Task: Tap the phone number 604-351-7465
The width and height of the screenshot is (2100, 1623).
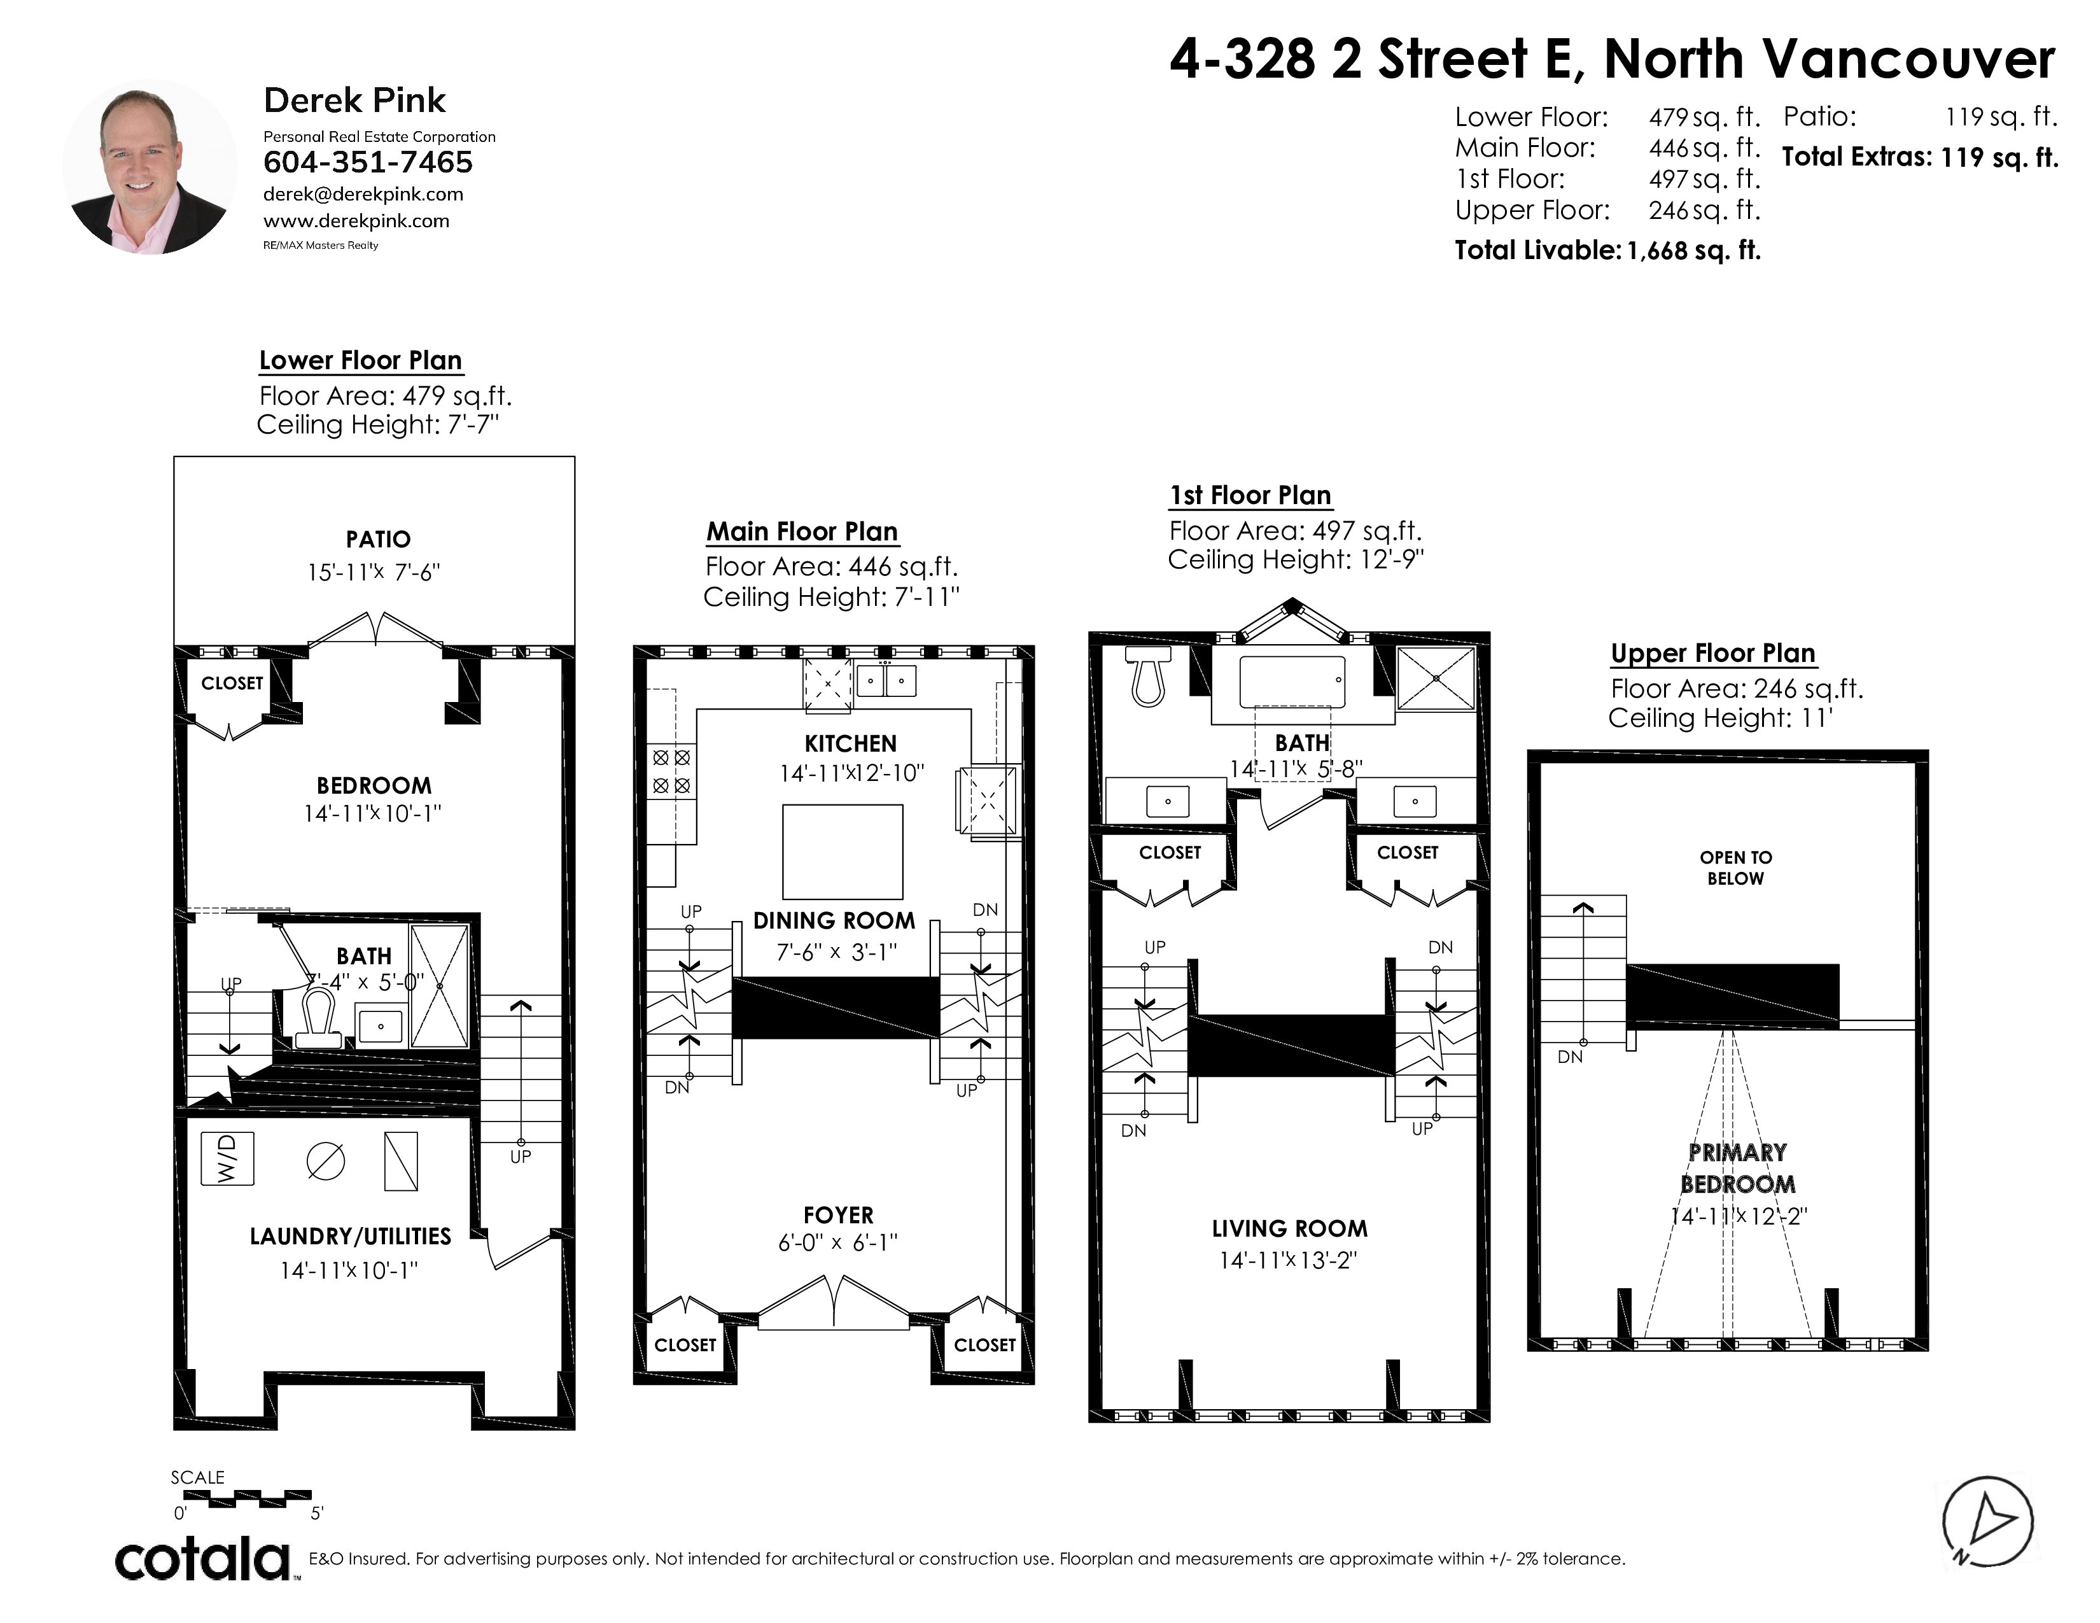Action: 368,162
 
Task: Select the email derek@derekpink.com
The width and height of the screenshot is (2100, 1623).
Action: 363,194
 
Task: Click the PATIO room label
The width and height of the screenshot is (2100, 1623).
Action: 378,539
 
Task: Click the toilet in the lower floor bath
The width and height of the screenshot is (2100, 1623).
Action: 318,1020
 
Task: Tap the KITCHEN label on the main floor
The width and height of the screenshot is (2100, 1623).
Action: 851,743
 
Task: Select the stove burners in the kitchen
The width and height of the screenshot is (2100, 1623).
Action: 672,771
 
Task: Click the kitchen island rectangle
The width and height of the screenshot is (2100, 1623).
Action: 843,852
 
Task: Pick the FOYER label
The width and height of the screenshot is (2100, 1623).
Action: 839,1215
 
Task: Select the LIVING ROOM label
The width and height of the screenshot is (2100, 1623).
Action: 1289,1229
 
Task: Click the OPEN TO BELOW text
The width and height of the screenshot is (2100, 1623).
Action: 1735,868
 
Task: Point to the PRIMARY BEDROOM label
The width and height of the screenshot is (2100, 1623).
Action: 1737,1168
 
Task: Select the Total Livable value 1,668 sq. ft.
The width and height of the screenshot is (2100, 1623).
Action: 1693,251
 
